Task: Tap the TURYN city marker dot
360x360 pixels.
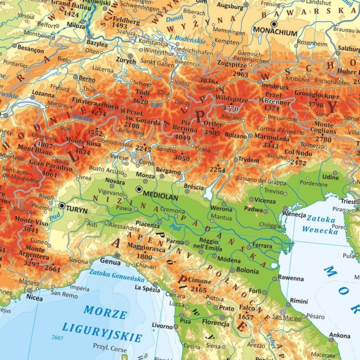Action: pyautogui.click(x=61, y=205)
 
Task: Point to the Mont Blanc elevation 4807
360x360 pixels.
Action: pyautogui.click(x=44, y=144)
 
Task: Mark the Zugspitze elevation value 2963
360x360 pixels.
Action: pyautogui.click(x=240, y=74)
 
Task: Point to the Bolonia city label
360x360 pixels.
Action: pyautogui.click(x=247, y=271)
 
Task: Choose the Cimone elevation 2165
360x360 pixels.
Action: pyautogui.click(x=198, y=289)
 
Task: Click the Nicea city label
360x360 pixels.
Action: pyautogui.click(x=34, y=298)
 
